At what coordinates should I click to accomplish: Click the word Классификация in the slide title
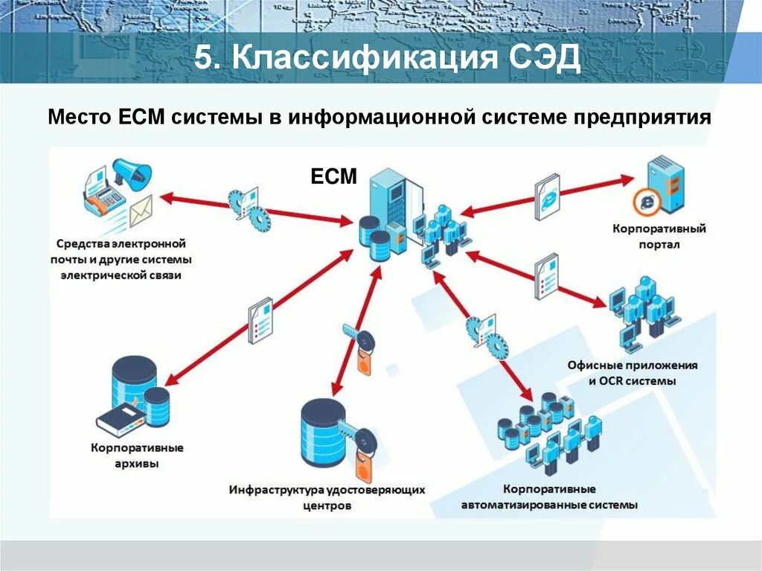[360, 57]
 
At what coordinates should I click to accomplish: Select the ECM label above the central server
[334, 177]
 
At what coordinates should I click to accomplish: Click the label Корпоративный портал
[659, 236]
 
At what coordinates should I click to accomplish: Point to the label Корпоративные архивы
[138, 456]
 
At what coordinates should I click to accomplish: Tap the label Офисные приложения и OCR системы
[633, 373]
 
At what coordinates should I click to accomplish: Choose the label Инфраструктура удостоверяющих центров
[327, 497]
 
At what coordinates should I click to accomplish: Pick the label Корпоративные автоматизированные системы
[549, 497]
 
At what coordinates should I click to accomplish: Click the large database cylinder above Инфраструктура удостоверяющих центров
[324, 432]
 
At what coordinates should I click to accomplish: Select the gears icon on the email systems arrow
[249, 206]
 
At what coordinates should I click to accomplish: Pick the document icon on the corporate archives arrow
[260, 320]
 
